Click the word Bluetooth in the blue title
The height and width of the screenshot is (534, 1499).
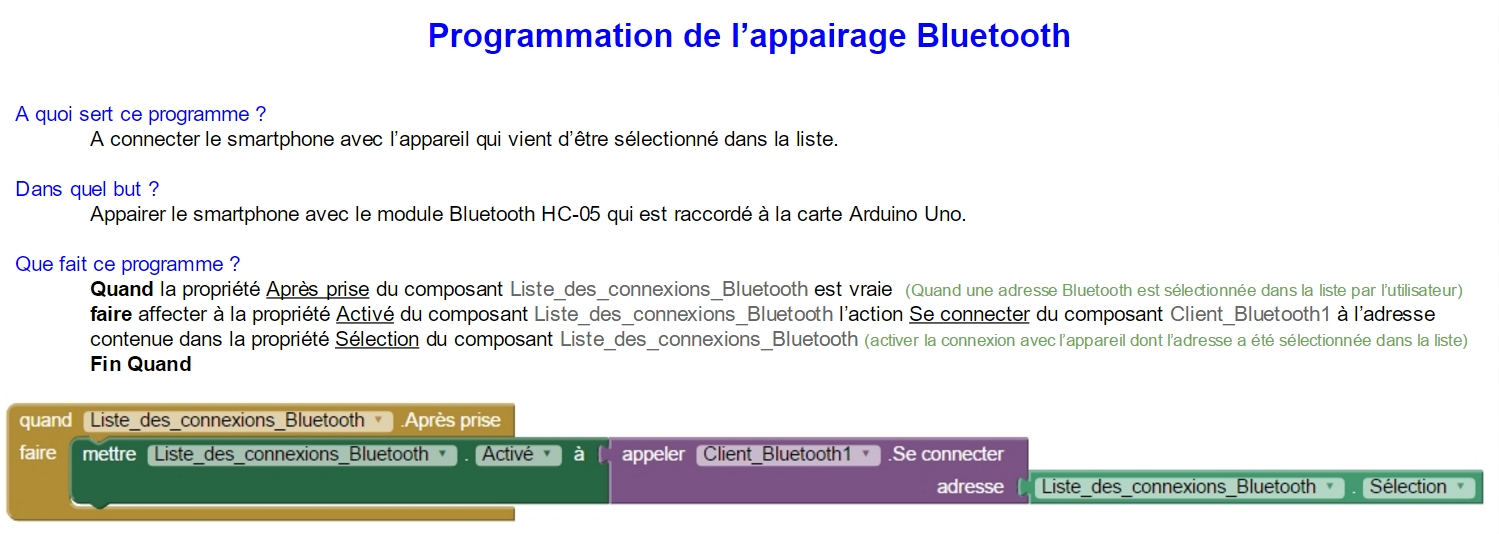pos(993,35)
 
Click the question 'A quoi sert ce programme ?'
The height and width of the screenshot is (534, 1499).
pos(141,114)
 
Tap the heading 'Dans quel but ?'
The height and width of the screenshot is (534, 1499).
pos(87,189)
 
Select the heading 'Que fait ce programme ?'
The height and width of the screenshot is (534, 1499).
pos(127,264)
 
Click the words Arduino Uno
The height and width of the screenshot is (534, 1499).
pos(907,214)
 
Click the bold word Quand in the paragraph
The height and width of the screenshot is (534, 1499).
pos(122,289)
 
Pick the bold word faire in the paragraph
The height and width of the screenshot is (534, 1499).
pos(111,314)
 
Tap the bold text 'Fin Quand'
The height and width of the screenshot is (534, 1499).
pos(141,364)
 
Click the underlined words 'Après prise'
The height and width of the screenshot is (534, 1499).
pos(318,290)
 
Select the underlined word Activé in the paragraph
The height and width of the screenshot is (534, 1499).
pos(365,315)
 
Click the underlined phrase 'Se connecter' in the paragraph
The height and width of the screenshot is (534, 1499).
pos(969,315)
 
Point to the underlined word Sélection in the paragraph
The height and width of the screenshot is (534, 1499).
pos(377,339)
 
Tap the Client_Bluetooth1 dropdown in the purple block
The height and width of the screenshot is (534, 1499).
pos(788,454)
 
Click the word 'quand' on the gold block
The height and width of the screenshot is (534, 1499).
pos(46,420)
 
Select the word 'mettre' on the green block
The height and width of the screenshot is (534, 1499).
pos(109,454)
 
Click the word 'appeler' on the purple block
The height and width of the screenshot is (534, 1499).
pos(653,454)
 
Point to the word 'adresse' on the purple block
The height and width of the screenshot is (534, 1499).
pos(970,486)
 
